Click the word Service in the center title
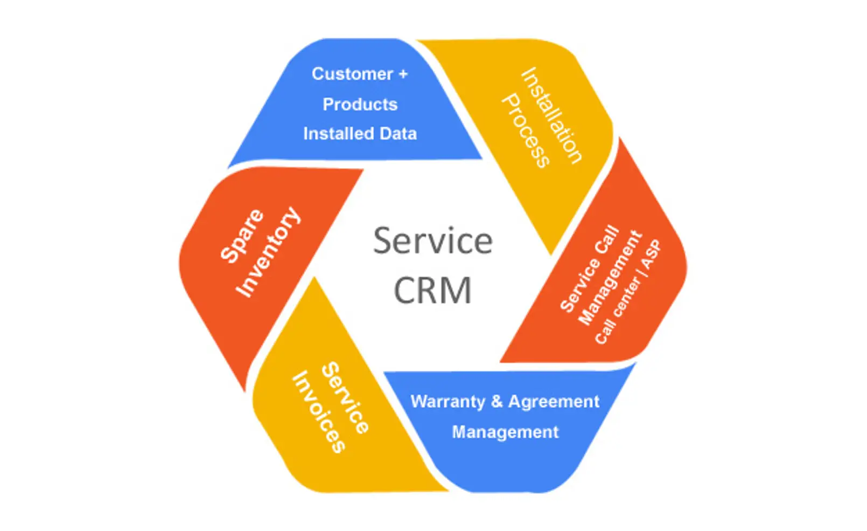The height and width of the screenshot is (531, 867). pyautogui.click(x=433, y=241)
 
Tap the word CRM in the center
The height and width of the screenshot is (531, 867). pyautogui.click(x=433, y=290)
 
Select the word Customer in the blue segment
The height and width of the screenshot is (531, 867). pyautogui.click(x=352, y=74)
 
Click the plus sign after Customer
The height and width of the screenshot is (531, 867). pyautogui.click(x=403, y=74)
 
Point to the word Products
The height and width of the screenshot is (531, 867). pyautogui.click(x=360, y=104)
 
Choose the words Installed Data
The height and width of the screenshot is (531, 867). pyautogui.click(x=360, y=133)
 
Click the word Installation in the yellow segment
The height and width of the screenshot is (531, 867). pyautogui.click(x=552, y=115)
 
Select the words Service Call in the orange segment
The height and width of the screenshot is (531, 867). pyautogui.click(x=589, y=268)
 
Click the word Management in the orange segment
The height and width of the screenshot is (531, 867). pyautogui.click(x=610, y=279)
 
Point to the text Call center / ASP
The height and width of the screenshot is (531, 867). pyautogui.click(x=627, y=292)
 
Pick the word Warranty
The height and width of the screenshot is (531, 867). pyautogui.click(x=448, y=402)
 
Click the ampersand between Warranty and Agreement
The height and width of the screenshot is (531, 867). pyautogui.click(x=497, y=402)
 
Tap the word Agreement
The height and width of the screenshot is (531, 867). pyautogui.click(x=554, y=402)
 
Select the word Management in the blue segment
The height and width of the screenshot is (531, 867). pyautogui.click(x=505, y=432)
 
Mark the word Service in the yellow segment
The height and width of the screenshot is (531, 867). pyautogui.click(x=345, y=398)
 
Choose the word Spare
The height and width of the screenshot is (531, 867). pyautogui.click(x=242, y=236)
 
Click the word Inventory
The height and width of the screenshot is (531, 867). pyautogui.click(x=268, y=252)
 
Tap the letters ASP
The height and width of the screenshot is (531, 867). pyautogui.click(x=651, y=254)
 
